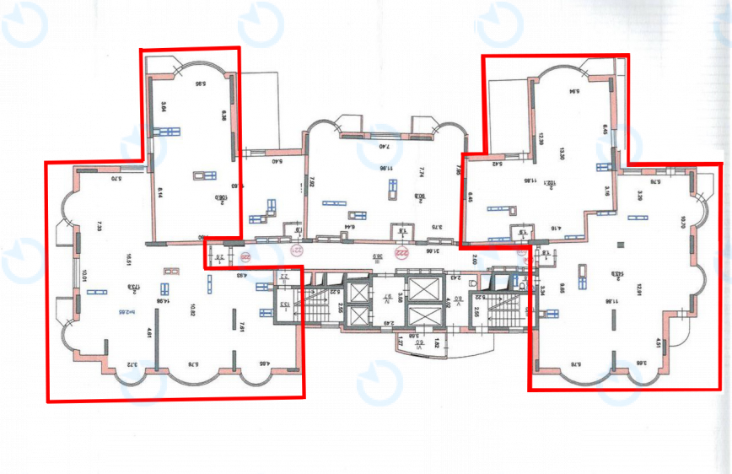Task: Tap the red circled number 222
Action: [402, 250]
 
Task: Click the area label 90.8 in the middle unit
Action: [419, 197]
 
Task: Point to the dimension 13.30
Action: [561, 153]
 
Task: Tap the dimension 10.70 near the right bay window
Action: [681, 223]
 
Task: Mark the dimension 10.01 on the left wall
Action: [86, 276]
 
